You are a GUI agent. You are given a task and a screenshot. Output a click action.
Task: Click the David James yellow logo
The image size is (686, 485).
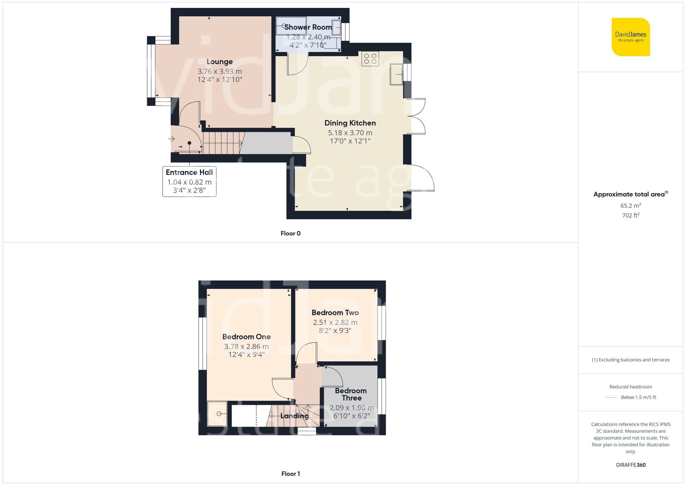point(630,37)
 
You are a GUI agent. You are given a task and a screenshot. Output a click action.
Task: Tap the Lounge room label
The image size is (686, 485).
point(220,62)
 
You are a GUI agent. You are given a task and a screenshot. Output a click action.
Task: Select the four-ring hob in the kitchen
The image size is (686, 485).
point(370,59)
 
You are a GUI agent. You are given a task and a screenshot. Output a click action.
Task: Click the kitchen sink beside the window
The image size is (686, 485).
point(396,74)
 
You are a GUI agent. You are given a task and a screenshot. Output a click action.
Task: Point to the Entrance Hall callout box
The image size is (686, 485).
point(189,181)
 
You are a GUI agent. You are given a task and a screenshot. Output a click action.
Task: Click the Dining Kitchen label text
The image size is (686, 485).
point(350,123)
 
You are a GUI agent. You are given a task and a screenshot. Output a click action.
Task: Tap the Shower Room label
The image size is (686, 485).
point(308,27)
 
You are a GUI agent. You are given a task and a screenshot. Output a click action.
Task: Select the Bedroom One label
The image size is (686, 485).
point(246,337)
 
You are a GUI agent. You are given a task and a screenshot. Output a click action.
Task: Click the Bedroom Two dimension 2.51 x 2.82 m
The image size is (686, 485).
point(335,323)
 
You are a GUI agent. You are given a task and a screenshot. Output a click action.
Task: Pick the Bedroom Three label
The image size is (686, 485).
point(351,394)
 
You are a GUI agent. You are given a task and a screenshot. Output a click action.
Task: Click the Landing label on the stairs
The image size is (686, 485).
point(294,416)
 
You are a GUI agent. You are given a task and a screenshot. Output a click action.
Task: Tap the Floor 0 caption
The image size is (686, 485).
point(291,233)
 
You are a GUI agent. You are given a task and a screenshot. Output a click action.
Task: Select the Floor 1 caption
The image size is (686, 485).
point(291,474)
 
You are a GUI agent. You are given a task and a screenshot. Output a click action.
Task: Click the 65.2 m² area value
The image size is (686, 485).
point(630,206)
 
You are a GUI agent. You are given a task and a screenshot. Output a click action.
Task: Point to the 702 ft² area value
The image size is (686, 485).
point(630,215)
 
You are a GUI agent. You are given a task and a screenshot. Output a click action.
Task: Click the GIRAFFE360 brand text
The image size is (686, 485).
point(630,465)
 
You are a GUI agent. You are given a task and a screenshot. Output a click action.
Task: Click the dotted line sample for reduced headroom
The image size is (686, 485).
point(611,398)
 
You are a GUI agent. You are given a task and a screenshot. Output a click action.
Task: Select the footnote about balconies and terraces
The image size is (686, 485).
point(630,360)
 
